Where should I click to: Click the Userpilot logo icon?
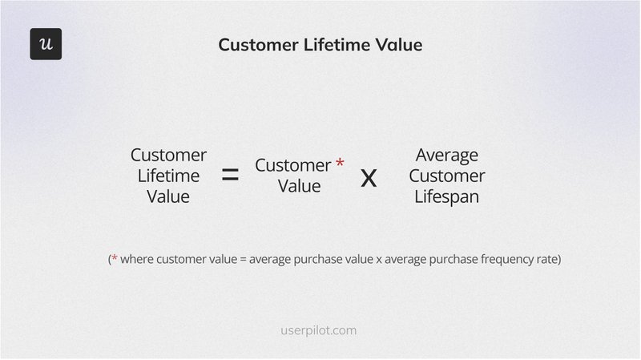pyautogui.click(x=46, y=44)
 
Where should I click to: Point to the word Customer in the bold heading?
pyautogui.click(x=256, y=46)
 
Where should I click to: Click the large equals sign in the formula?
pyautogui.click(x=230, y=176)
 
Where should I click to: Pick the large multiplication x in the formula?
pyautogui.click(x=369, y=176)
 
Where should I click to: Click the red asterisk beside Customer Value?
pyautogui.click(x=340, y=164)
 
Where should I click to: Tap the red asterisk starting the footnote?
pyautogui.click(x=115, y=260)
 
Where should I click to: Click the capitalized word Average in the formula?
pyautogui.click(x=447, y=155)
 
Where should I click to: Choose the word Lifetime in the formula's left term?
pyautogui.click(x=168, y=176)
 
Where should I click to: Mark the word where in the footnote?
pyautogui.click(x=138, y=260)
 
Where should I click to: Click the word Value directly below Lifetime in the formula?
pyautogui.click(x=168, y=196)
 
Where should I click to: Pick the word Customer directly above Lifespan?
pyautogui.click(x=450, y=176)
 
